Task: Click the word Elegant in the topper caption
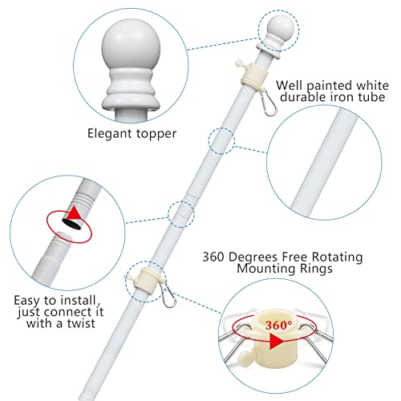110,134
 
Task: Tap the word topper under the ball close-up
156,134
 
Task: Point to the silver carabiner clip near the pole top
269,103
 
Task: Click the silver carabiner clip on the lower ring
168,296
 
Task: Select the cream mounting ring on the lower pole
148,278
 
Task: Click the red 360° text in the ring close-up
278,325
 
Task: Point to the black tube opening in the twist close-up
71,223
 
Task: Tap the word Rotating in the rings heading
337,257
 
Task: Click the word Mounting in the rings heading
264,269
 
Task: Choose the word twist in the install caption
81,323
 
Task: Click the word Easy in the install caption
28,301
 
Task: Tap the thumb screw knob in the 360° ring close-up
245,357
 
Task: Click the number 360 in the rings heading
213,257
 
